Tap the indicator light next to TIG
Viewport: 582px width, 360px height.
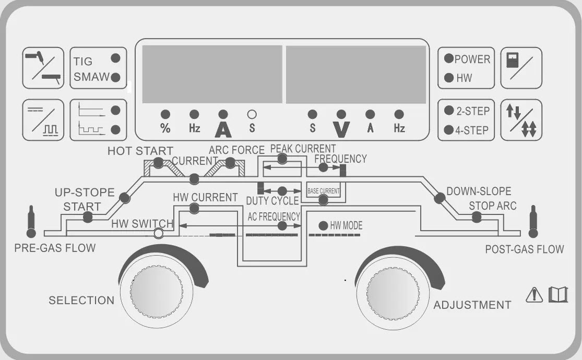click(115, 58)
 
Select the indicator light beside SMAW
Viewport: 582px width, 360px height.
click(115, 77)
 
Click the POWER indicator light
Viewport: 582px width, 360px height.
click(448, 58)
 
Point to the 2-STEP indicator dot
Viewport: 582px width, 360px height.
click(448, 111)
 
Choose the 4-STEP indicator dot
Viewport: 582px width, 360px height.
click(448, 130)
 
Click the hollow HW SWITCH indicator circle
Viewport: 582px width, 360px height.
click(159, 233)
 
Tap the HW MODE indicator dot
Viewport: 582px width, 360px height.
click(323, 226)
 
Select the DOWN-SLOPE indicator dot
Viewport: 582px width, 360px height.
click(440, 197)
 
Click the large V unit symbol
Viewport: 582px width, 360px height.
click(341, 128)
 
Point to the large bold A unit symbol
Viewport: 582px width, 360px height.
click(223, 128)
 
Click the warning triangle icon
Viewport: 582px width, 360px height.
click(535, 295)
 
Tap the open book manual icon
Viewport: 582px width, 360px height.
click(557, 295)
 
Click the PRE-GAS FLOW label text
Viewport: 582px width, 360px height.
click(55, 248)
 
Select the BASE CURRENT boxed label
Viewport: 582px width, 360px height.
click(323, 191)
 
